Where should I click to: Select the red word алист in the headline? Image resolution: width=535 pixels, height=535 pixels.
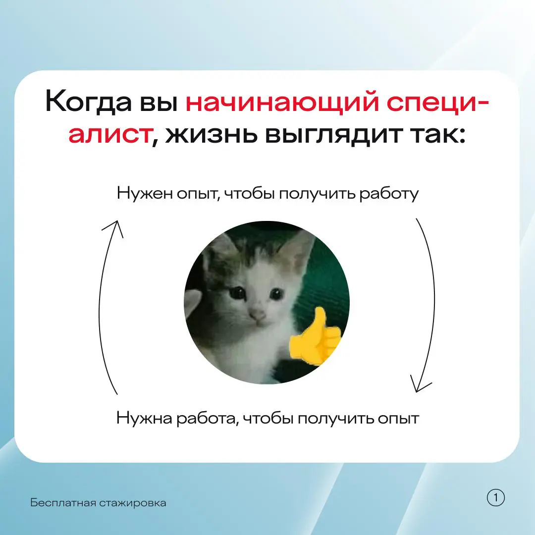pyautogui.click(x=109, y=135)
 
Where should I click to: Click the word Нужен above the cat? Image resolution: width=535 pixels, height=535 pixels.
pyautogui.click(x=145, y=193)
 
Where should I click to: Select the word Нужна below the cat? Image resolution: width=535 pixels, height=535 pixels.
pyautogui.click(x=144, y=418)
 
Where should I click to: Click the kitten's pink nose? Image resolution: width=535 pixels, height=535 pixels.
pyautogui.click(x=257, y=314)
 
